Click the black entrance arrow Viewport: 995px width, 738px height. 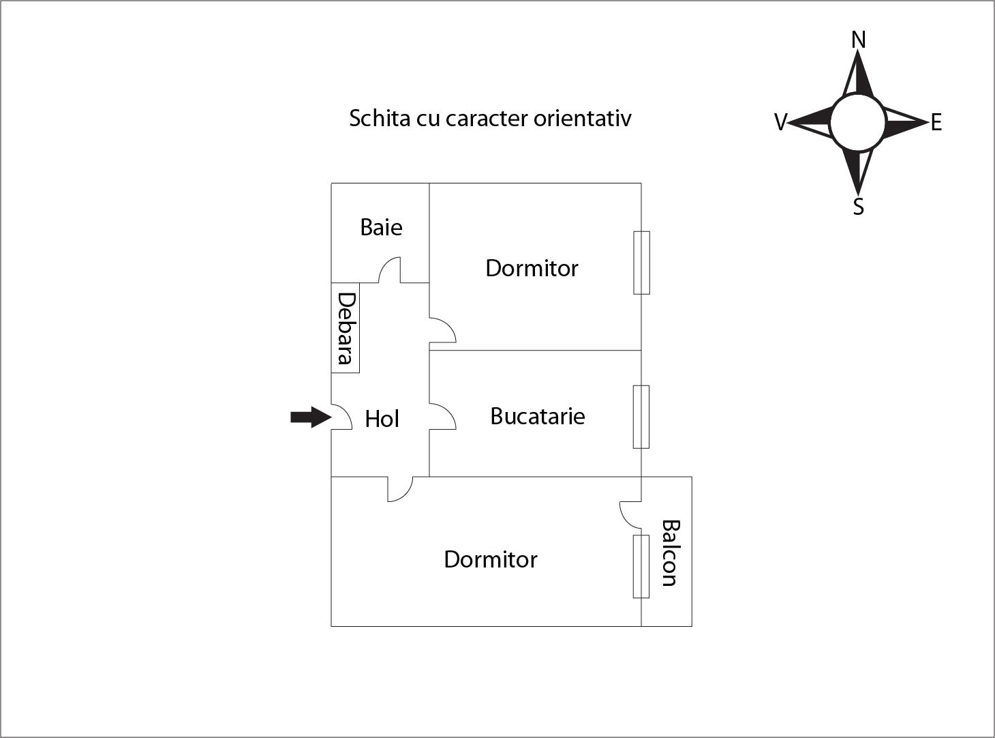coord(310,417)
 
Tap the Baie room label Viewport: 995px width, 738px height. coord(381,227)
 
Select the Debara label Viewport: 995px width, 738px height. coord(346,328)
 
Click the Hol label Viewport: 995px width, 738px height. coord(382,419)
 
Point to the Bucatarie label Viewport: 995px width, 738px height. coord(537,416)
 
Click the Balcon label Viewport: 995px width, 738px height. coord(670,553)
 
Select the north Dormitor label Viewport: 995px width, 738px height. coord(532,268)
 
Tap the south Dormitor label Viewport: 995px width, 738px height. coord(490,559)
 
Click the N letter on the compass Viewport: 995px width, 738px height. coord(859,40)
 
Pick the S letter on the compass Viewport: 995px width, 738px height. coord(859,207)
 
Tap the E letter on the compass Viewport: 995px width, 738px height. coord(936,123)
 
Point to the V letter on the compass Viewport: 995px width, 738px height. coord(780,123)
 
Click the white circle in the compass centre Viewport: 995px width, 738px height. coord(858,123)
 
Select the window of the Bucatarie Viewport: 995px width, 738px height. coord(641,417)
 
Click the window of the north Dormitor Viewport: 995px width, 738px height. coord(641,263)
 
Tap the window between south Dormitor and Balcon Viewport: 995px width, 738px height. coord(641,567)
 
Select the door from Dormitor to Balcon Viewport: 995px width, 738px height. coord(630,514)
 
